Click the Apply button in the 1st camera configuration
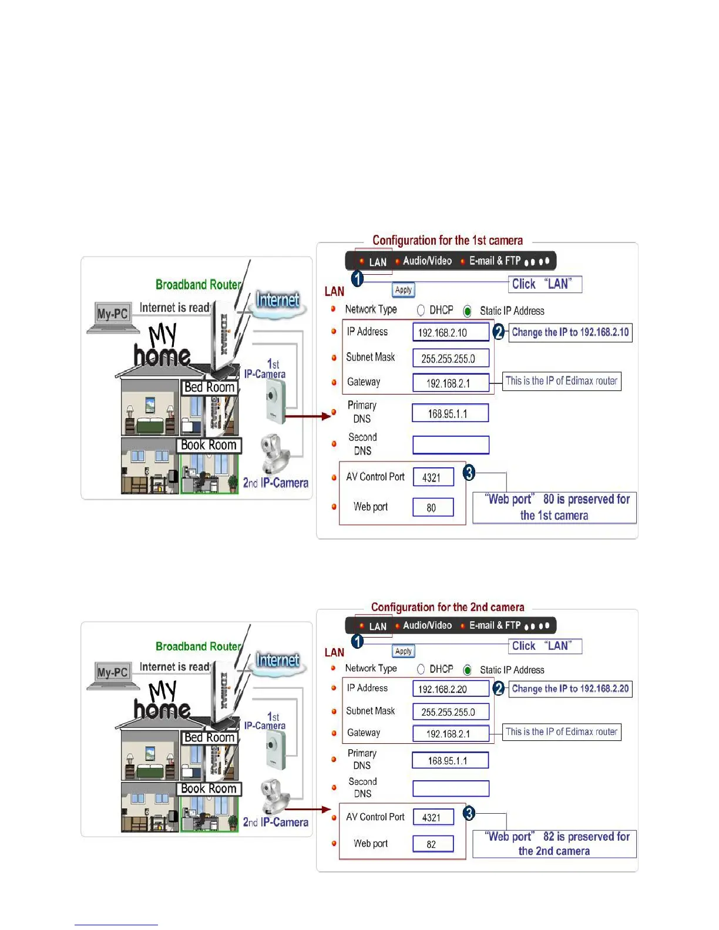click(x=404, y=290)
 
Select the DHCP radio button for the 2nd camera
click(x=421, y=669)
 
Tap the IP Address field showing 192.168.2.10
click(x=451, y=332)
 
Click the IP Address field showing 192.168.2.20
click(x=451, y=689)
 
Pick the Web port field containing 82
click(x=433, y=844)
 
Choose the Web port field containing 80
click(x=433, y=507)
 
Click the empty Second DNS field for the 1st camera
click(x=451, y=445)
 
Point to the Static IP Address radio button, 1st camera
click(x=468, y=311)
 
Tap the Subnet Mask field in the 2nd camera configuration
click(x=451, y=712)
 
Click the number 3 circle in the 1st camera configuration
click(x=469, y=473)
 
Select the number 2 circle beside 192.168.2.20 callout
click(x=499, y=688)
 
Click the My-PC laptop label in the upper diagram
click(x=112, y=314)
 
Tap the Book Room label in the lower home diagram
click(x=209, y=789)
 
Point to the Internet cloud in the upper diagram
click(x=277, y=303)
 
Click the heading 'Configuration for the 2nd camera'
click(x=448, y=607)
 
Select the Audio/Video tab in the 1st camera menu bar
click(x=427, y=261)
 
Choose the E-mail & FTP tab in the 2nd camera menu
click(x=495, y=626)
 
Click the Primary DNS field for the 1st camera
click(x=450, y=413)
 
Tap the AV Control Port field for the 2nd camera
click(x=433, y=817)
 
